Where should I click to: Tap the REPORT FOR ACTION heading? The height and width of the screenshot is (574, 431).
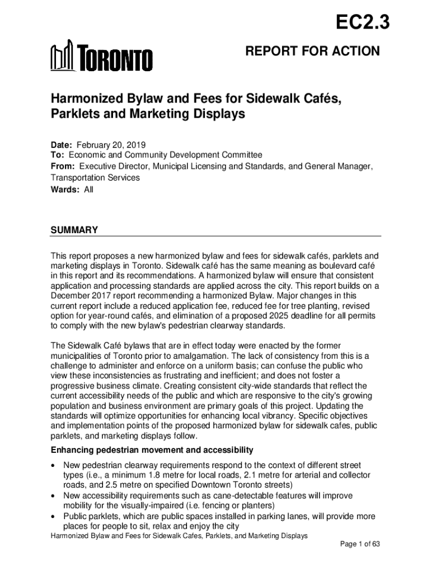coord(312,52)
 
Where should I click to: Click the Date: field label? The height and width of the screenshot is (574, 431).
coord(62,144)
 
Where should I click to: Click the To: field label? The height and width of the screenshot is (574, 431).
coord(58,155)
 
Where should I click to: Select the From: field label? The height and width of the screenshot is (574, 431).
coord(64,166)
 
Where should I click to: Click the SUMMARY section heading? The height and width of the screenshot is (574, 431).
coord(74,230)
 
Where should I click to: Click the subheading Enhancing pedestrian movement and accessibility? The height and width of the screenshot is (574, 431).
coord(152,450)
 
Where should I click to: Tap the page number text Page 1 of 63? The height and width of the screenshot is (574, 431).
coord(360,544)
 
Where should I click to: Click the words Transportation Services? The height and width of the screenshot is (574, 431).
coord(96,178)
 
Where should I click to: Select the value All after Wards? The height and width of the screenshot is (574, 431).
coord(88,189)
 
